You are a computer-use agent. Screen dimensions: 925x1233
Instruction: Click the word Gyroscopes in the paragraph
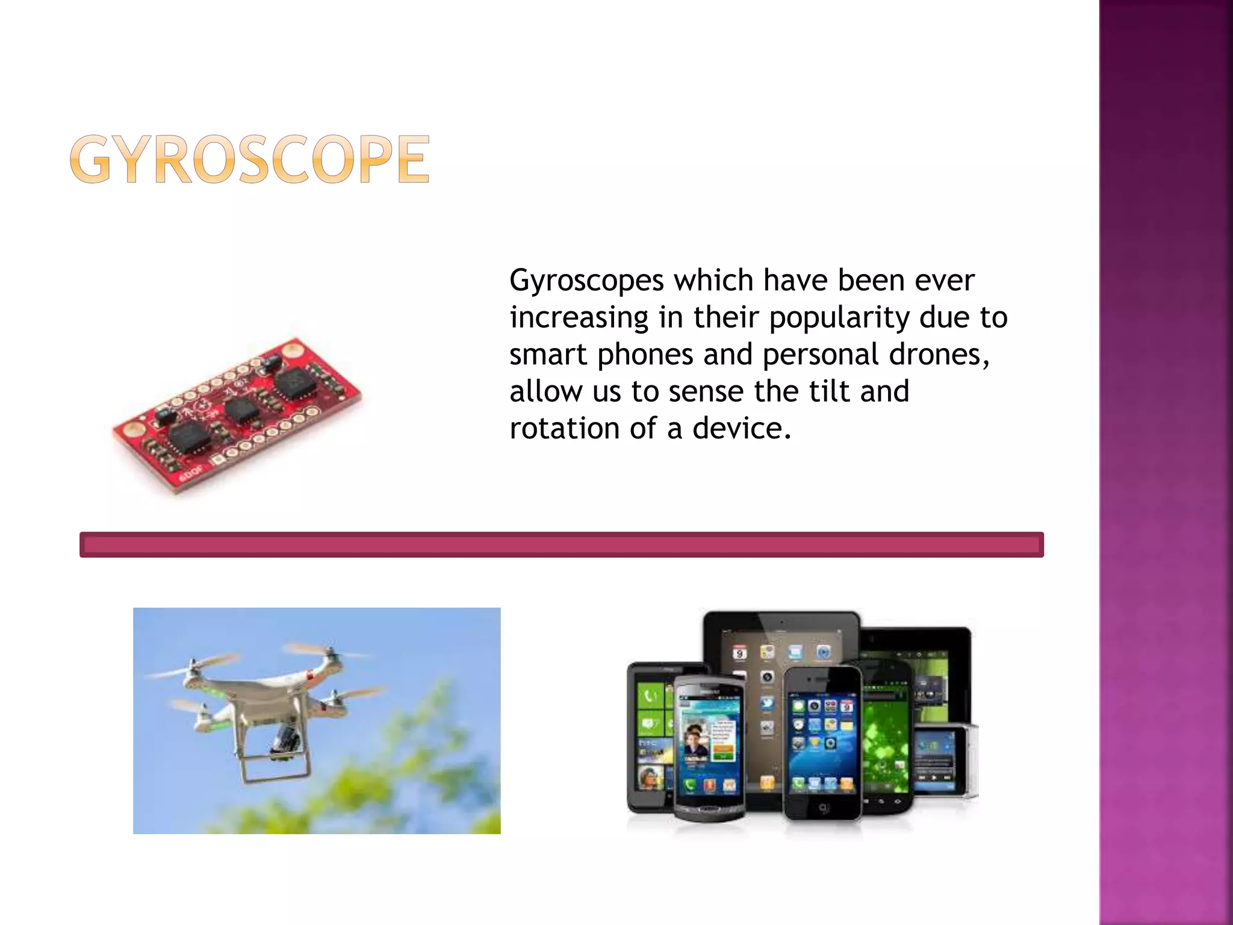[586, 281]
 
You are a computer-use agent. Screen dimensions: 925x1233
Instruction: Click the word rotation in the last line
[564, 429]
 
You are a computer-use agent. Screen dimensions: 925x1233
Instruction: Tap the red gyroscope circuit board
[238, 416]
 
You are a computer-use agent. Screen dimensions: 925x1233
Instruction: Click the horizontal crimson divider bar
[561, 545]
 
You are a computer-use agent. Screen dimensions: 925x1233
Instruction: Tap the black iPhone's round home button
[823, 808]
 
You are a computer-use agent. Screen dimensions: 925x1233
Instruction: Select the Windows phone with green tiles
[649, 735]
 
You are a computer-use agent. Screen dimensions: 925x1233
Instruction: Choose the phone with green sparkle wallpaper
[885, 741]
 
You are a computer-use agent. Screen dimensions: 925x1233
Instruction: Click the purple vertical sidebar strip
[1166, 462]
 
